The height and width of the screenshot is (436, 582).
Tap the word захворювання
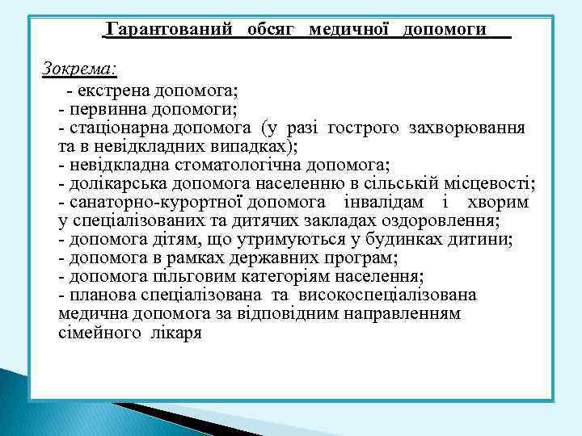(467, 128)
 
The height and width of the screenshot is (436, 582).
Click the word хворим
(498, 202)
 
